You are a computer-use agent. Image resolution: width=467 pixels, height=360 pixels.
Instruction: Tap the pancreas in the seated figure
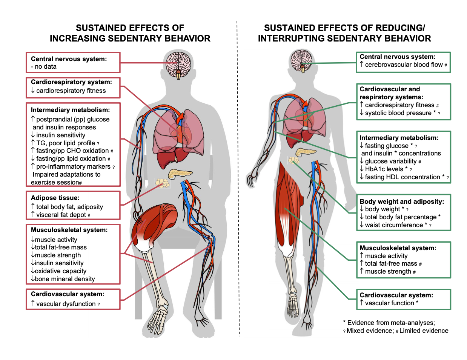180,174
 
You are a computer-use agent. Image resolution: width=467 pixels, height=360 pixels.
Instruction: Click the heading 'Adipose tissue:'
55,198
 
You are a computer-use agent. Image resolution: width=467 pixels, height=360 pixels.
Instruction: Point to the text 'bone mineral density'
65,279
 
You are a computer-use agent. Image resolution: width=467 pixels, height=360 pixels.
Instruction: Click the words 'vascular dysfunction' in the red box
66,304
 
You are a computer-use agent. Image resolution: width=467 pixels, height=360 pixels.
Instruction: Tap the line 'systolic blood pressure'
398,113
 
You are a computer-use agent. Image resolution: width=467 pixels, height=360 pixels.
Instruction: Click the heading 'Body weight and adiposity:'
402,202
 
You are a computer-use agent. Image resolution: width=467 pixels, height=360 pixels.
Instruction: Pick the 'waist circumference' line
394,225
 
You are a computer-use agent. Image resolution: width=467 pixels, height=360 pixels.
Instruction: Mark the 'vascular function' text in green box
389,303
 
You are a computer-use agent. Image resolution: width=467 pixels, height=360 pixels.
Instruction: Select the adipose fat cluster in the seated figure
163,183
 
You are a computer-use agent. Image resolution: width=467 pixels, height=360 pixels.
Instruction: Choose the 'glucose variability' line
390,161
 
